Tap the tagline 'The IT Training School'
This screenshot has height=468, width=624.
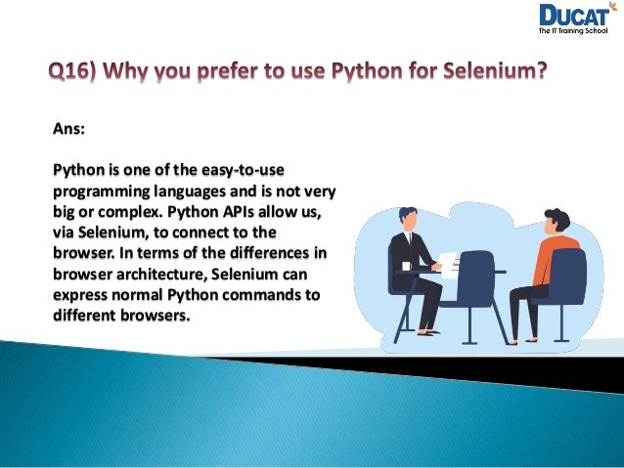coord(574,32)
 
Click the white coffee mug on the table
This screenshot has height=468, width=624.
coord(407,266)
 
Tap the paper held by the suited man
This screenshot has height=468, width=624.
coord(447,261)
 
